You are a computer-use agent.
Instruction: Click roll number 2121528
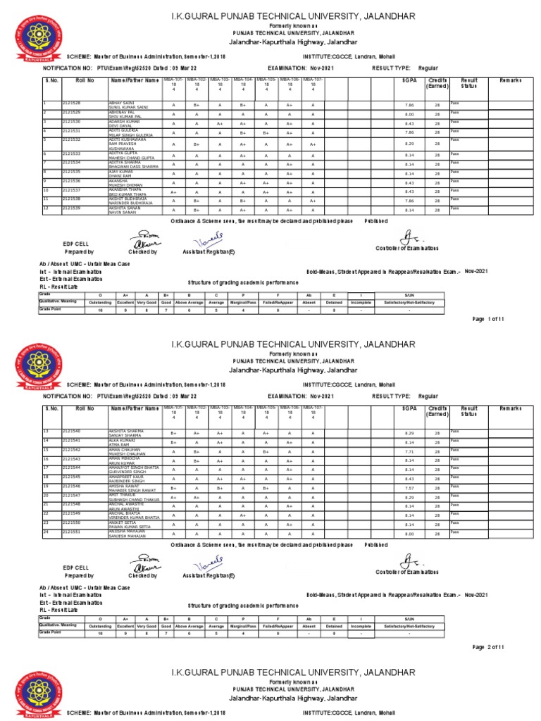point(71,103)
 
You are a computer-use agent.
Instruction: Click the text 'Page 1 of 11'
point(488,319)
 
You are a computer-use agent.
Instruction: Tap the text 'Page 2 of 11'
point(488,646)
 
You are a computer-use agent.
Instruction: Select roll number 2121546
point(71,486)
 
